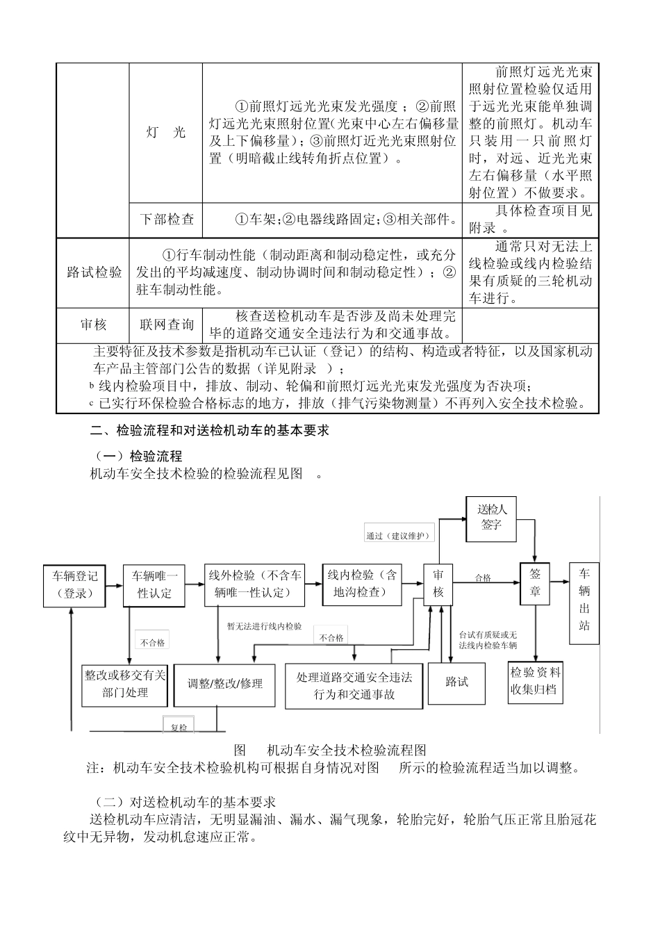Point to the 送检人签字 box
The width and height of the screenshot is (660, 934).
[x=492, y=518]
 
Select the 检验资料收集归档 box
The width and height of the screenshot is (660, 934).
[x=535, y=681]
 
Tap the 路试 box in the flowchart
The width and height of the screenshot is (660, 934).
[x=456, y=682]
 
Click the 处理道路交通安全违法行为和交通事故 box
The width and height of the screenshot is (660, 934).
[x=354, y=685]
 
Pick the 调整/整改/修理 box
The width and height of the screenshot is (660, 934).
[x=224, y=684]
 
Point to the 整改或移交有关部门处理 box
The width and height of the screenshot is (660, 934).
[x=125, y=683]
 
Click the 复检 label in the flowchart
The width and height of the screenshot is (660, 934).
[x=179, y=727]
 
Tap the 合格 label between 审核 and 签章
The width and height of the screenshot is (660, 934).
[x=482, y=577]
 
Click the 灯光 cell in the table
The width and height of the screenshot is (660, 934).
[x=166, y=133]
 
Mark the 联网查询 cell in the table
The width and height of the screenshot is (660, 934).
[x=166, y=325]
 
